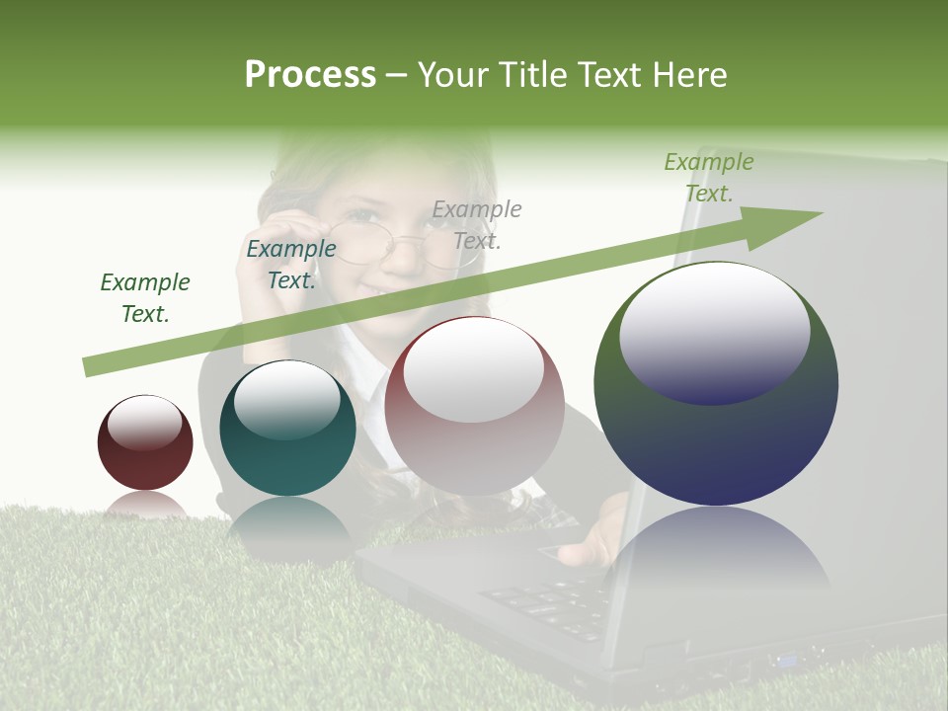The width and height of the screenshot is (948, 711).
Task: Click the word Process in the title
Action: point(310,75)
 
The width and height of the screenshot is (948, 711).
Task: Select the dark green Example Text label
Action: point(145,297)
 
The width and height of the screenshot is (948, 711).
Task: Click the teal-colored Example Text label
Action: point(291,265)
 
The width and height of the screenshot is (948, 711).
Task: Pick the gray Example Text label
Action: point(477,224)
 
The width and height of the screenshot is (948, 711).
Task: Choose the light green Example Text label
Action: point(708,177)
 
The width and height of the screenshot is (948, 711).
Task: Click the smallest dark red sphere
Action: point(145,443)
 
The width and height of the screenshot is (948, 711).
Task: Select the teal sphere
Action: point(287,429)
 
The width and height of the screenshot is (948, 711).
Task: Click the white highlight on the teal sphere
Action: point(286,398)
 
